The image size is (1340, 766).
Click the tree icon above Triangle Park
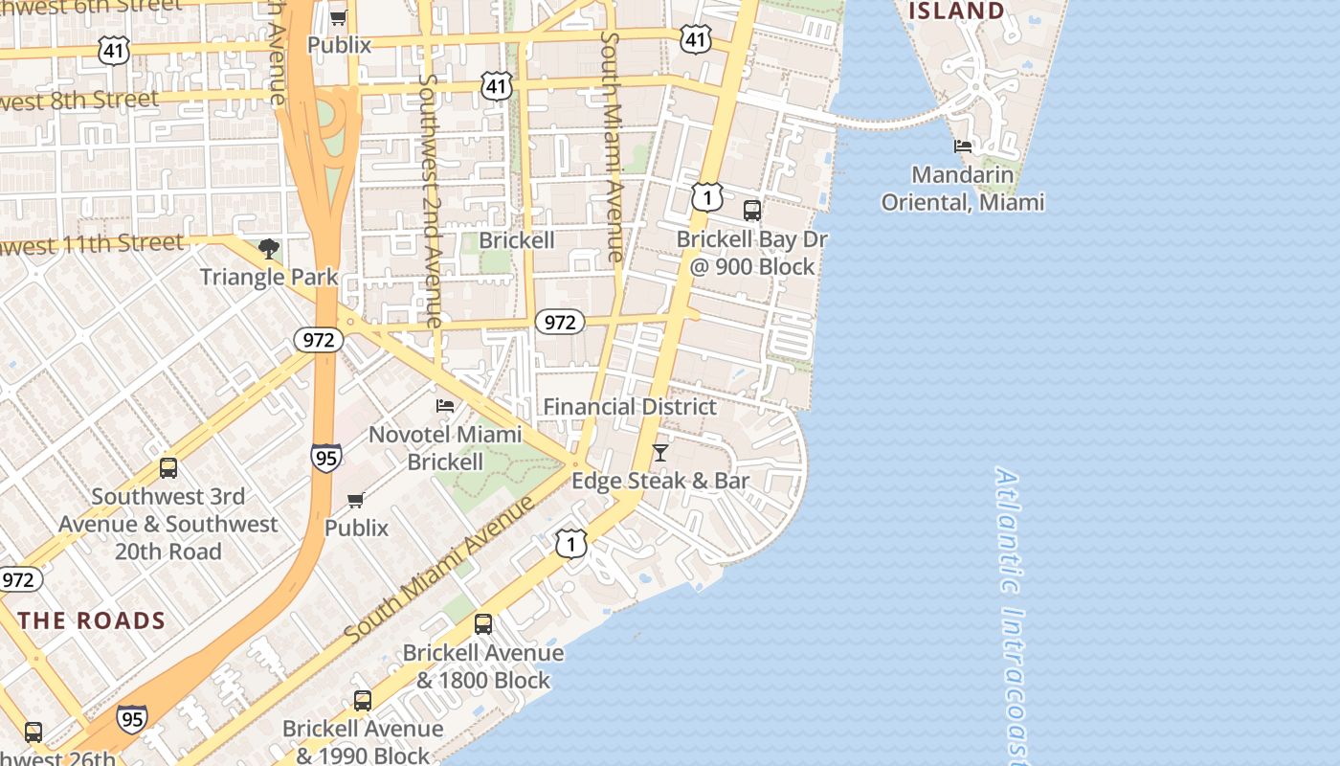tap(269, 249)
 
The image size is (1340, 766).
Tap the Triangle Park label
tap(269, 278)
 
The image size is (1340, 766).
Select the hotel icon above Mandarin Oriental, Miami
tap(963, 146)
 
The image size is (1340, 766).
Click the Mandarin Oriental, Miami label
tap(963, 189)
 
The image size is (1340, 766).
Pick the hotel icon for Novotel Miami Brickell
tap(445, 406)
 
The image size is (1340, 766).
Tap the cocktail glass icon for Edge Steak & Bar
tap(660, 452)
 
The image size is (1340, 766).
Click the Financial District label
tap(630, 407)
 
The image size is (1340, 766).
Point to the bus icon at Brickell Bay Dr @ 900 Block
tap(752, 210)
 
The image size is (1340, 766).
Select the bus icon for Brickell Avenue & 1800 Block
tap(483, 624)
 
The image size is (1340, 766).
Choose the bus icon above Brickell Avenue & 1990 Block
tap(363, 701)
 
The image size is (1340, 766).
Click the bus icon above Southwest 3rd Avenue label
tap(168, 468)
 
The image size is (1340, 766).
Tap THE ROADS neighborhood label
tap(92, 620)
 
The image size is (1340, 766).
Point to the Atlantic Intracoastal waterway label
tap(1013, 613)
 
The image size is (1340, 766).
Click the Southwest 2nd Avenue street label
tap(431, 201)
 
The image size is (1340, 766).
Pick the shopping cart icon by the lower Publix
tap(356, 500)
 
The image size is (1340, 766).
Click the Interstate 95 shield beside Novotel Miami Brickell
tap(326, 459)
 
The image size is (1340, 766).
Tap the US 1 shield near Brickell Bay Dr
tap(706, 197)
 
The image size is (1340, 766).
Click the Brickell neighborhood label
tap(517, 240)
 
